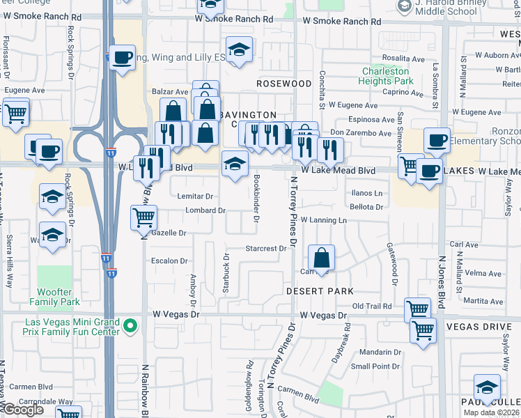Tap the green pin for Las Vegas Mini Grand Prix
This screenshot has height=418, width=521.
pos(130,325)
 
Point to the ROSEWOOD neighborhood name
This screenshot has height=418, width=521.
pos(283,84)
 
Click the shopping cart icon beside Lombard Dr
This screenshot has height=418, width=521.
pos(143,217)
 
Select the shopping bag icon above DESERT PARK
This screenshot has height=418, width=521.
pos(321,257)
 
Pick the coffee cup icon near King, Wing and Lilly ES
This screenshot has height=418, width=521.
pos(122,57)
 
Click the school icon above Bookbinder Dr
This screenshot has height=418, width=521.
pos(235,164)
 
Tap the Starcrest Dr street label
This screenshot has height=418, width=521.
pos(266,249)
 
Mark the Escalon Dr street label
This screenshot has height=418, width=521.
pos(170,261)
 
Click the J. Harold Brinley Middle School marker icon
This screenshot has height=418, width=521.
pos(403,6)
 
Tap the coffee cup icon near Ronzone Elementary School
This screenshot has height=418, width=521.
pos(437,140)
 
